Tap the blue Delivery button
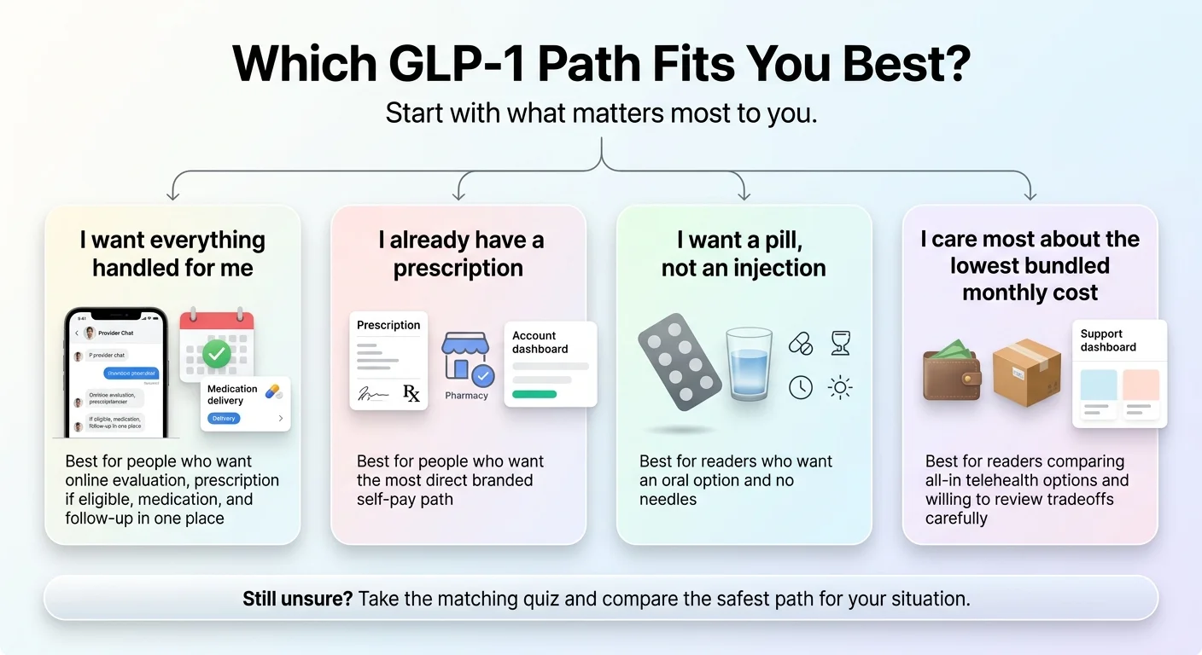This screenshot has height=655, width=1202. [224, 419]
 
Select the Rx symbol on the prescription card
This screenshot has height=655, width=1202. [411, 393]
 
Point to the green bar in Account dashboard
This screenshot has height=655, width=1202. [534, 394]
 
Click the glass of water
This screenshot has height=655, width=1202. [749, 364]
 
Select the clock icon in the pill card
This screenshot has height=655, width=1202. [800, 388]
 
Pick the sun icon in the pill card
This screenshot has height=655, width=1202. [840, 388]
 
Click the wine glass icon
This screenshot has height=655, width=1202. [840, 343]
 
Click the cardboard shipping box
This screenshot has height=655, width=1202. [1026, 372]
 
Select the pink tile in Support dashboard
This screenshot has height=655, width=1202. [1141, 385]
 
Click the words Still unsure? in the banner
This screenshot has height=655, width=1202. [297, 598]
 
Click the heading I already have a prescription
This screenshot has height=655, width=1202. [459, 253]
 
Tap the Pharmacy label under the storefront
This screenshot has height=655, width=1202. [466, 396]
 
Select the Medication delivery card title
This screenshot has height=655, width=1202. [232, 394]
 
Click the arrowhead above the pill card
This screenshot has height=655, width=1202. [744, 195]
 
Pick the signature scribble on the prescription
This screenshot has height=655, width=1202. [372, 393]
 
